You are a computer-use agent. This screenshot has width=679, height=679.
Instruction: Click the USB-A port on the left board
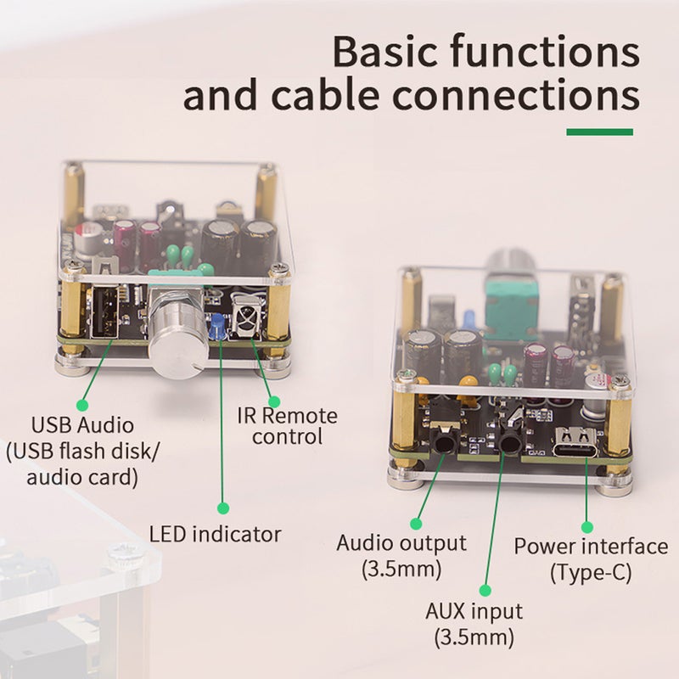point(105,312)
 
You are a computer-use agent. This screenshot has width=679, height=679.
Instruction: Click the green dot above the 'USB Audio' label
point(82,405)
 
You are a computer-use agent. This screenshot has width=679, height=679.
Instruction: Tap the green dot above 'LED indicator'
point(223,508)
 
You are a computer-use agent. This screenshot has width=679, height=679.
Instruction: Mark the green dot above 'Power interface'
point(587,527)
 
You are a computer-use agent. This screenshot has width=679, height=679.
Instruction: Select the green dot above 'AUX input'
point(485,590)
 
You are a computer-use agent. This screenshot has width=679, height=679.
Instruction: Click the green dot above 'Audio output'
point(416,524)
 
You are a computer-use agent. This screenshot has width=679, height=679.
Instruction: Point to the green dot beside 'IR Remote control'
point(274,401)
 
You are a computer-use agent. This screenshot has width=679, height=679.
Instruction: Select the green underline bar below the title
point(600,132)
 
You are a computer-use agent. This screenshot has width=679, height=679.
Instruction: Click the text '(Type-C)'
point(591,572)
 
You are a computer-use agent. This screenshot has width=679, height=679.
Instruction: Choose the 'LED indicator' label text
point(216,534)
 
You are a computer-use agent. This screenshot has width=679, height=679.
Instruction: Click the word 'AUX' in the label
point(446,611)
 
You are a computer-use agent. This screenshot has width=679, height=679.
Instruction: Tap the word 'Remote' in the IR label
point(300,416)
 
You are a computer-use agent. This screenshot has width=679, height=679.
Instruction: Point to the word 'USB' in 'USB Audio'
point(50,425)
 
